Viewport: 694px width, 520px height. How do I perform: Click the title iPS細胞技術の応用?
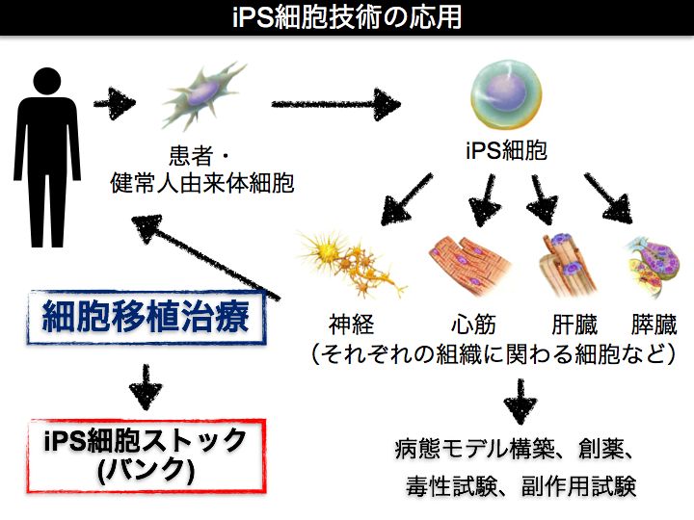347,16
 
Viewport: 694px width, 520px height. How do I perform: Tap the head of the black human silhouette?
47,81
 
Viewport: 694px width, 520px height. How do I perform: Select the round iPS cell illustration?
505,96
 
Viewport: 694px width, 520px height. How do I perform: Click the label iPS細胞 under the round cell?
506,150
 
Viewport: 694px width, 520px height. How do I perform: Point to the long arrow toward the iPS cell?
335,104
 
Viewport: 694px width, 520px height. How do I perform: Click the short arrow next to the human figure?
114,103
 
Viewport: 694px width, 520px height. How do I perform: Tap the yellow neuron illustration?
352,264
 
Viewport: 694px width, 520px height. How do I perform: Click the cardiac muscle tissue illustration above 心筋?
470,265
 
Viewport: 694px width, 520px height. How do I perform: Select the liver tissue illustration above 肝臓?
568,266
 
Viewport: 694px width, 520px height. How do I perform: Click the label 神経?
351,325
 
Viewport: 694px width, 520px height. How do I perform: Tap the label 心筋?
473,325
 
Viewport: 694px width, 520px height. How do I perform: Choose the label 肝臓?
574,325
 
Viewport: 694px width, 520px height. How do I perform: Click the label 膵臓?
654,325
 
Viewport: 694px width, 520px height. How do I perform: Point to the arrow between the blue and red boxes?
147,386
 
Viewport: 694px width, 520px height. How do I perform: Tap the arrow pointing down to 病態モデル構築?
520,402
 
